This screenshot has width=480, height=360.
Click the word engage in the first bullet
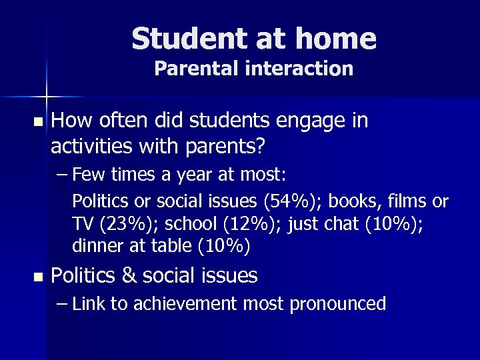(305, 121)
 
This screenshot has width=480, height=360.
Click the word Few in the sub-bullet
(85, 175)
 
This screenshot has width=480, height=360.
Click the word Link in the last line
(89, 305)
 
